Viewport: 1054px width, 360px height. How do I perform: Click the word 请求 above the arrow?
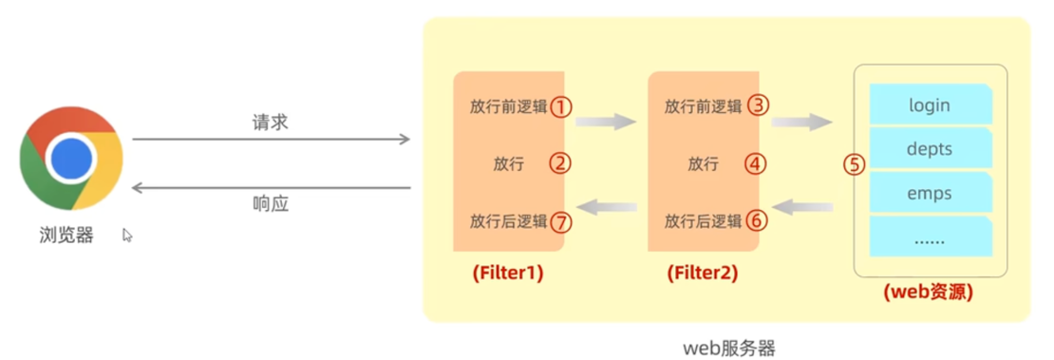click(270, 123)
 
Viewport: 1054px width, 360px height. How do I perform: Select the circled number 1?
click(561, 106)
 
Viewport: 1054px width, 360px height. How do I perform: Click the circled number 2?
click(561, 163)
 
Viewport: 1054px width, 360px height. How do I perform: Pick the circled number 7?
click(561, 222)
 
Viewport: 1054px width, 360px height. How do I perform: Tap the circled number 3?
click(757, 105)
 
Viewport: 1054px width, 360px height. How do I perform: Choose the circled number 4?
click(756, 163)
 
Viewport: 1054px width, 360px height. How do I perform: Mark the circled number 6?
click(757, 221)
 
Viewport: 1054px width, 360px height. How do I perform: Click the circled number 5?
click(855, 164)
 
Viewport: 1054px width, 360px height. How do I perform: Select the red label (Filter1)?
click(508, 274)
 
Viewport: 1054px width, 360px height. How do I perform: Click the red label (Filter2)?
click(703, 274)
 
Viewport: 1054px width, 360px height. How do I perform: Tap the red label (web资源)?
click(929, 293)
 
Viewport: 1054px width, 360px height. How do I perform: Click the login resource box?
click(930, 104)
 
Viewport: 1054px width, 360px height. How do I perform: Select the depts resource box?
click(930, 149)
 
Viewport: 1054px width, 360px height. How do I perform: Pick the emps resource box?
click(930, 193)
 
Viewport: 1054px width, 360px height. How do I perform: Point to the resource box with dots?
click(930, 237)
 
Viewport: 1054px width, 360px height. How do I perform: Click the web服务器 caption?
click(729, 348)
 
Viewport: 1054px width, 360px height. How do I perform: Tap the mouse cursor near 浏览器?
click(127, 235)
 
